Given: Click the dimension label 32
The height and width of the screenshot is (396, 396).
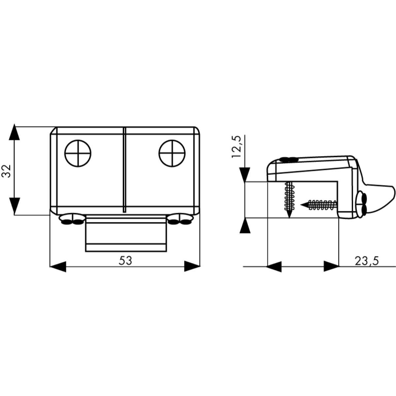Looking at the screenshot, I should (x=7, y=171).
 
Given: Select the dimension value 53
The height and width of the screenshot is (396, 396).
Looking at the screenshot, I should (x=125, y=261).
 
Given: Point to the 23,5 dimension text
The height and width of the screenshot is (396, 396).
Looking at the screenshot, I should (x=367, y=261).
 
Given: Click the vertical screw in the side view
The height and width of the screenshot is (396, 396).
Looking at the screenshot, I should (x=289, y=199).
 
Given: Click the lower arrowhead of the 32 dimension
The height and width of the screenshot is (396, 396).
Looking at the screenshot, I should (x=14, y=207).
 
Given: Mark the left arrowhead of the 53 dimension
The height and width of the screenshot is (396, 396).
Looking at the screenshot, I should (x=58, y=266).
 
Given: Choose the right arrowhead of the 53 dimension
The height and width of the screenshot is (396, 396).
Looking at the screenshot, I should (x=192, y=266).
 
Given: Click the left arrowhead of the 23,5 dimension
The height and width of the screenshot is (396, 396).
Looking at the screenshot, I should (x=274, y=266).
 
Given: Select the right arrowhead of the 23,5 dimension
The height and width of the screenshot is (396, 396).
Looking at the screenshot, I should (x=331, y=266).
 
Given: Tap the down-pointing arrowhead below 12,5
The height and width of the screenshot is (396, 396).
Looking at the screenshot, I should (x=245, y=175).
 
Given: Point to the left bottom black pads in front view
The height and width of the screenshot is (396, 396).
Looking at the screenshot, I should (x=72, y=220).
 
